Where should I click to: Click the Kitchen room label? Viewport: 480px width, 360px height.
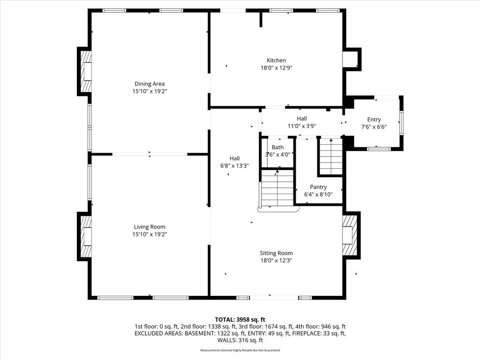pyautogui.click(x=276, y=60)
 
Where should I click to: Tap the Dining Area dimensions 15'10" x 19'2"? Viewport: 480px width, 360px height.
pyautogui.click(x=150, y=91)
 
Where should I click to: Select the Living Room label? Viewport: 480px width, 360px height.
pyautogui.click(x=150, y=227)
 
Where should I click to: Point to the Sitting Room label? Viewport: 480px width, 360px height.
pyautogui.click(x=276, y=253)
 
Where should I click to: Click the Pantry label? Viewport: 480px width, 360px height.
pyautogui.click(x=318, y=187)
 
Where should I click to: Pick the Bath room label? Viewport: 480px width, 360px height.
pyautogui.click(x=277, y=147)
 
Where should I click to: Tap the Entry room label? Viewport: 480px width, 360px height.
pyautogui.click(x=374, y=120)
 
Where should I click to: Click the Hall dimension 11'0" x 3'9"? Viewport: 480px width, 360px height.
pyautogui.click(x=302, y=126)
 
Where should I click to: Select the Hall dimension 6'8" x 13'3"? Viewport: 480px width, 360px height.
pyautogui.click(x=234, y=166)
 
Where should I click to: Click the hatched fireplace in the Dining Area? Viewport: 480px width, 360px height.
pyautogui.click(x=86, y=71)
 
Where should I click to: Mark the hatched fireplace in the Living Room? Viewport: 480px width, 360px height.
pyautogui.click(x=86, y=236)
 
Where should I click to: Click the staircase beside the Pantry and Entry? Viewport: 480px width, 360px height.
pyautogui.click(x=330, y=156)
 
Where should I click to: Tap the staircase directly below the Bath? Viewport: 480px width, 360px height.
pyautogui.click(x=277, y=188)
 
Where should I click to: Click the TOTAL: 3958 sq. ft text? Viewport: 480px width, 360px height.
pyautogui.click(x=240, y=320)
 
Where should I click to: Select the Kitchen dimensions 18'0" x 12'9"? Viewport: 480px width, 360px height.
pyautogui.click(x=276, y=68)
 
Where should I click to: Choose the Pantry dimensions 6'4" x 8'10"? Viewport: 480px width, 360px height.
pyautogui.click(x=318, y=195)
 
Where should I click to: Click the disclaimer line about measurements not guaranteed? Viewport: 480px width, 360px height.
pyautogui.click(x=240, y=350)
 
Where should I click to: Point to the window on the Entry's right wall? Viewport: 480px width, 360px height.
pyautogui.click(x=401, y=123)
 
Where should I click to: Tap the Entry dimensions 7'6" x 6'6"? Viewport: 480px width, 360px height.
pyautogui.click(x=374, y=127)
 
